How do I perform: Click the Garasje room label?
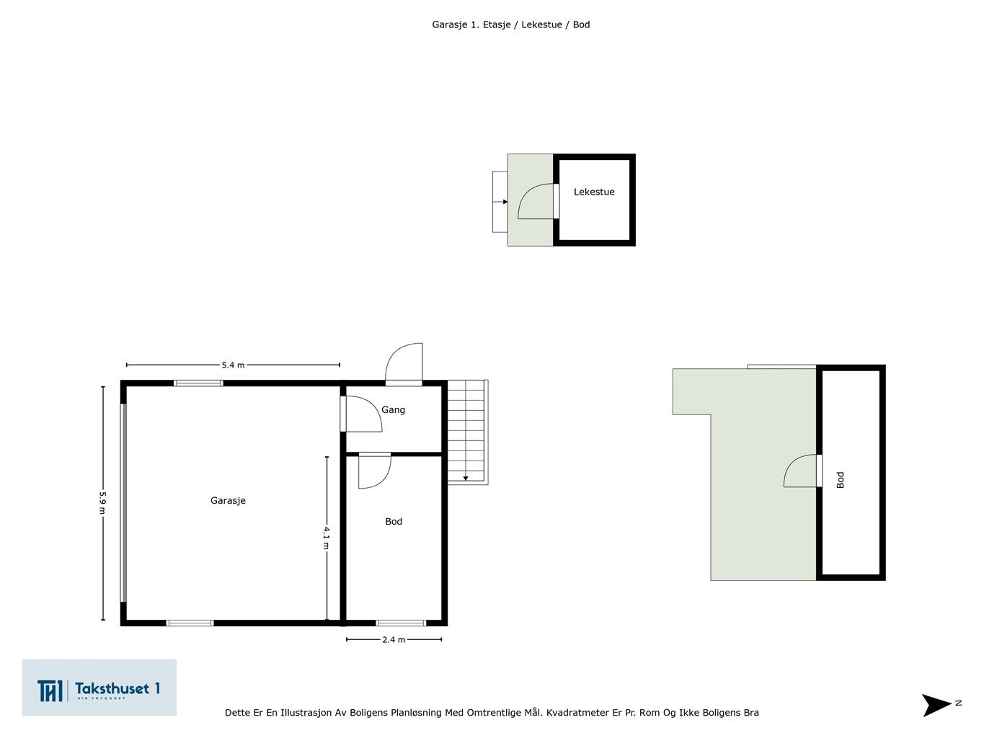228,500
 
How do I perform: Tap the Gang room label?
393,409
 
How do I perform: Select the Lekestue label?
594,192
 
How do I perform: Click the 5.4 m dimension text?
233,365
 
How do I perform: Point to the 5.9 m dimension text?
102,504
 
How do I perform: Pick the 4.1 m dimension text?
327,538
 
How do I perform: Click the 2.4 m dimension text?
394,639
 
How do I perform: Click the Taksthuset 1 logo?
99,688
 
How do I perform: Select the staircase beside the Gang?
467,432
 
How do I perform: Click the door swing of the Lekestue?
536,201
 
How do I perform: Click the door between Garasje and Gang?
361,414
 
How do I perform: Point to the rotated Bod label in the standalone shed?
840,480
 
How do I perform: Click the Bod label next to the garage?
394,522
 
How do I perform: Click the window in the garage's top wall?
198,383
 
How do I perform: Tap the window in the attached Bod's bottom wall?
401,623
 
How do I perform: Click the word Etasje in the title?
497,25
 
